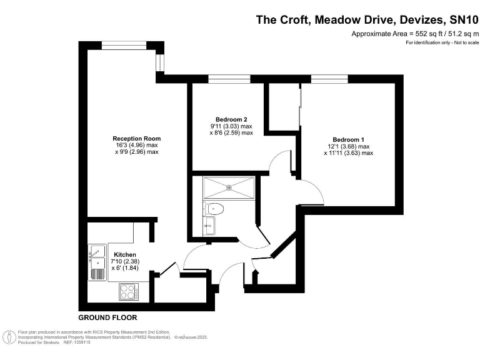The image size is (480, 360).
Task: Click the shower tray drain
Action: point(229,186)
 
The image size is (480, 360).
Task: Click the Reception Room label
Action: point(136,138)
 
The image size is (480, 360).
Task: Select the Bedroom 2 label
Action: point(231,119)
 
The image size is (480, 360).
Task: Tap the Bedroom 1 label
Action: point(348,139)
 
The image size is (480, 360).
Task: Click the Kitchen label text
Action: point(124,254)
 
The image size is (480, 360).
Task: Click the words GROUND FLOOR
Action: point(107,317)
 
